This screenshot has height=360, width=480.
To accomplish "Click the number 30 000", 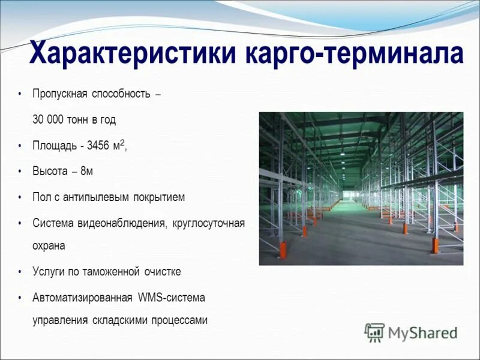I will click(47, 119).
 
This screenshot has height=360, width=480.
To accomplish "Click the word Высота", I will click(50, 172).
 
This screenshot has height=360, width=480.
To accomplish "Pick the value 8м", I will click(86, 172).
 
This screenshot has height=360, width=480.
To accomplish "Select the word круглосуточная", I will click(208, 223).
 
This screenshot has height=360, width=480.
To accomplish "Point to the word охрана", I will click(49, 246).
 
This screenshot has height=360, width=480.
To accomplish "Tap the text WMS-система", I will click(171, 298).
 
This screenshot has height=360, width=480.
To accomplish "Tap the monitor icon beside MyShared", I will click(374, 332).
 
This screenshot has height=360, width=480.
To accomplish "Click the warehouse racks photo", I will click(361, 188).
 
